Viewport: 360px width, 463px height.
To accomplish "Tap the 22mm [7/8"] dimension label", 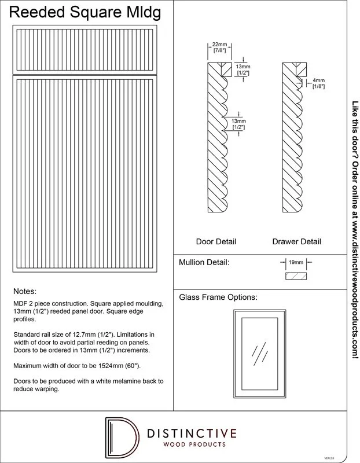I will coord(219,48).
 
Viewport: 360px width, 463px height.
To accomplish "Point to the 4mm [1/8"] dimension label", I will coord(318,83).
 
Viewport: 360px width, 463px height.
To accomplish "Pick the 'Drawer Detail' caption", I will coord(296,241).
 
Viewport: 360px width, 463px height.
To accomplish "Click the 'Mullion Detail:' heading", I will coord(204,262).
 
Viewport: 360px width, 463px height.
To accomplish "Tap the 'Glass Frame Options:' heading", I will coord(218,297).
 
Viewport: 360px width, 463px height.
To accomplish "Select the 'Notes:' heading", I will coord(24,291).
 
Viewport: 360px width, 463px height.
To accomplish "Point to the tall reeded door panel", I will coord(86,174).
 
